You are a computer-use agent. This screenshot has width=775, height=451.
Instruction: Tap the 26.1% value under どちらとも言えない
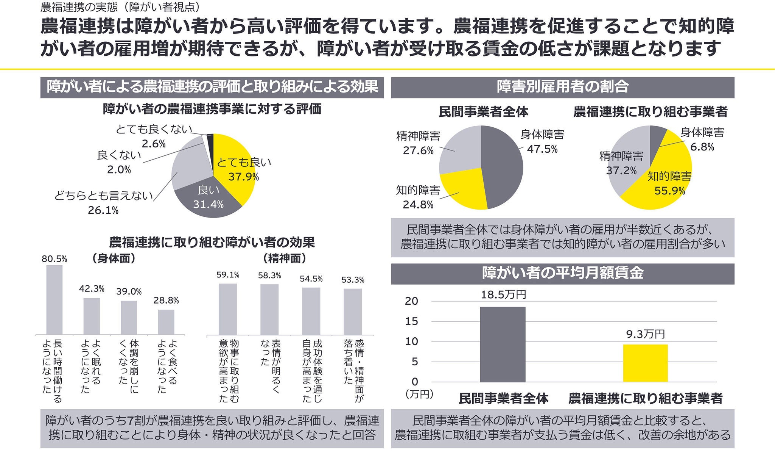pos(103,210)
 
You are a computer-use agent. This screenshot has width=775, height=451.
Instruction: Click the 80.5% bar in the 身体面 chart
pos(54,299)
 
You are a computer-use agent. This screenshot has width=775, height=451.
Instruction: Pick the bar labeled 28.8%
pos(166,322)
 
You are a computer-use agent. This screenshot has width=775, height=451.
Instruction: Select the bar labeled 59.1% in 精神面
pos(228,309)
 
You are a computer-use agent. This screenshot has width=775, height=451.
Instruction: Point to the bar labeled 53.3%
pos(353,312)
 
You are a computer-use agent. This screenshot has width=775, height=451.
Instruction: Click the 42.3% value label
pos(92,289)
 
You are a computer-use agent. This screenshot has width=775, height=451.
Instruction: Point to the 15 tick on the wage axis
pos(411,321)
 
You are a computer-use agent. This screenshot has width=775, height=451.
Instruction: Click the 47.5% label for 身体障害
pos(542,149)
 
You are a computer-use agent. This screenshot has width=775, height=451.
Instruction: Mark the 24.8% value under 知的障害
pos(418,205)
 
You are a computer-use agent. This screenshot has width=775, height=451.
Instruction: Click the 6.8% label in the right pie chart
pos(702,147)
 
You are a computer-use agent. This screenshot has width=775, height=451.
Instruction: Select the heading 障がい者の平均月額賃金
pos(563,273)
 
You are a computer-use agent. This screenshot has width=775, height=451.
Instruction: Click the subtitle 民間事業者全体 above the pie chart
pos(483,112)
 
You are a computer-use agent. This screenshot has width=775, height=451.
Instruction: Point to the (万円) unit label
pos(419,394)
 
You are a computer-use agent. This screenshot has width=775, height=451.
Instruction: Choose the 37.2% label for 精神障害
pos(621,171)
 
